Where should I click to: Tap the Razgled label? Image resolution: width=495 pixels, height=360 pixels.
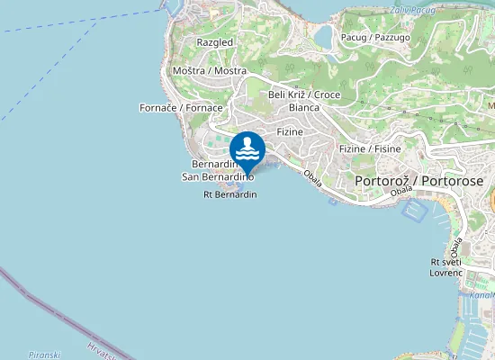tap(215, 42)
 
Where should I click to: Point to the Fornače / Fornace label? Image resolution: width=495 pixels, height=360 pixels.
tap(182, 107)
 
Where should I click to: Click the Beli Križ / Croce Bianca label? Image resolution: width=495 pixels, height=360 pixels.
tap(304, 100)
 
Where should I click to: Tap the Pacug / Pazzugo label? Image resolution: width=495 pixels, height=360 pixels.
tap(375, 37)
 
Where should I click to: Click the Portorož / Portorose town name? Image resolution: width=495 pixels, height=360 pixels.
tap(419, 181)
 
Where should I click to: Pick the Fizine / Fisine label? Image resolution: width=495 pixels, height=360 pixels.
tap(370, 148)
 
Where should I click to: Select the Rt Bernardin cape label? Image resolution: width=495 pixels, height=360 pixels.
tap(230, 194)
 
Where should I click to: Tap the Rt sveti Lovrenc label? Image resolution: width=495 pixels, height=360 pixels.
tap(446, 266)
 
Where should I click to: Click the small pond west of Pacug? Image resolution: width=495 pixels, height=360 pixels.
tap(321, 34)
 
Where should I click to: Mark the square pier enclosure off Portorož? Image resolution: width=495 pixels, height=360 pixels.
tap(415, 211)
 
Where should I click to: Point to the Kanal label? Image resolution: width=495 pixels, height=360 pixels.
tap(481, 294)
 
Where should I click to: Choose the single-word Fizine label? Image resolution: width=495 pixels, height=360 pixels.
tap(290, 131)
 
